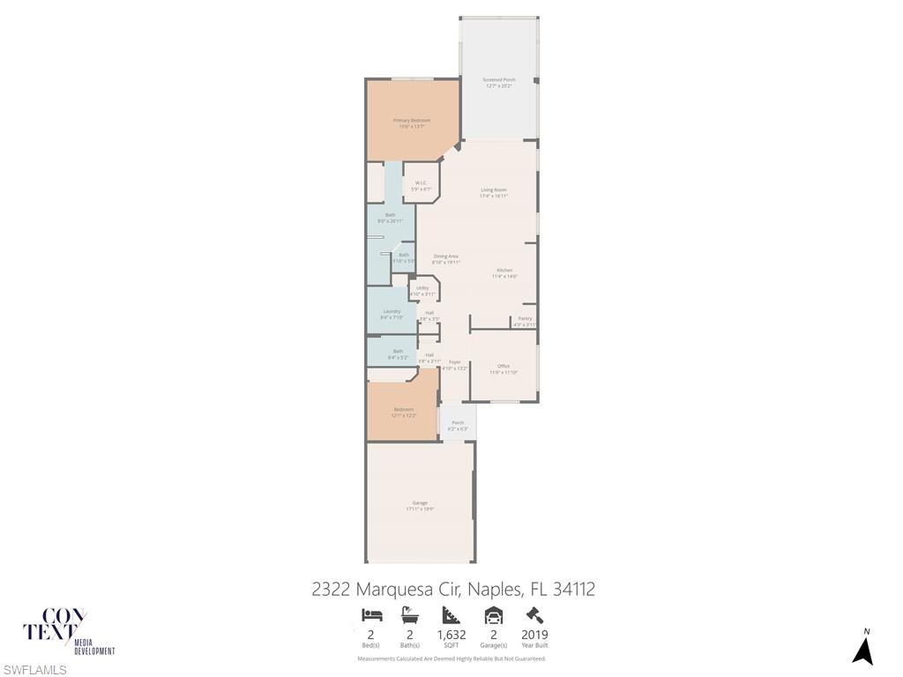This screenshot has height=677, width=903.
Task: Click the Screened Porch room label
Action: [498, 80]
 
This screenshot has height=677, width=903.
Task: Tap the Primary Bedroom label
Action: [412, 120]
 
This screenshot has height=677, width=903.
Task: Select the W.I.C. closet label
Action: [422, 182]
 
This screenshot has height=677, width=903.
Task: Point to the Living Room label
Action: [494, 190]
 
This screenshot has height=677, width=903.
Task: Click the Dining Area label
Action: [445, 256]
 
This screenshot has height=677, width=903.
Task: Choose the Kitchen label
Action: [504, 270]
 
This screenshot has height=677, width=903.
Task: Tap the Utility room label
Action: [422, 288]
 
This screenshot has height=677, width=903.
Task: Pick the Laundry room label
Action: [392, 311]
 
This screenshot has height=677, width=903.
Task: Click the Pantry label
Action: [525, 318]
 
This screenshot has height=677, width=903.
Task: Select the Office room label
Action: [504, 366]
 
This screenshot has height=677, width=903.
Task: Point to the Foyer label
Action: [455, 361]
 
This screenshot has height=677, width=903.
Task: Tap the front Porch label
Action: [458, 422]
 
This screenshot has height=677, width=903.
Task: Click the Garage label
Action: [420, 502]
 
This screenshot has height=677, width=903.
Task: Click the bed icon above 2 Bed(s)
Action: [372, 615]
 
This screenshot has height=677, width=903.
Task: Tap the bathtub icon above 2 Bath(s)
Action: [410, 615]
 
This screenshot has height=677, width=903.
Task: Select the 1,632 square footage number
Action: [451, 635]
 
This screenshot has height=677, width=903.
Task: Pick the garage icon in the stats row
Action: [494, 615]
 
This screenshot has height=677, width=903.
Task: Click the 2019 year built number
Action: [534, 635]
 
